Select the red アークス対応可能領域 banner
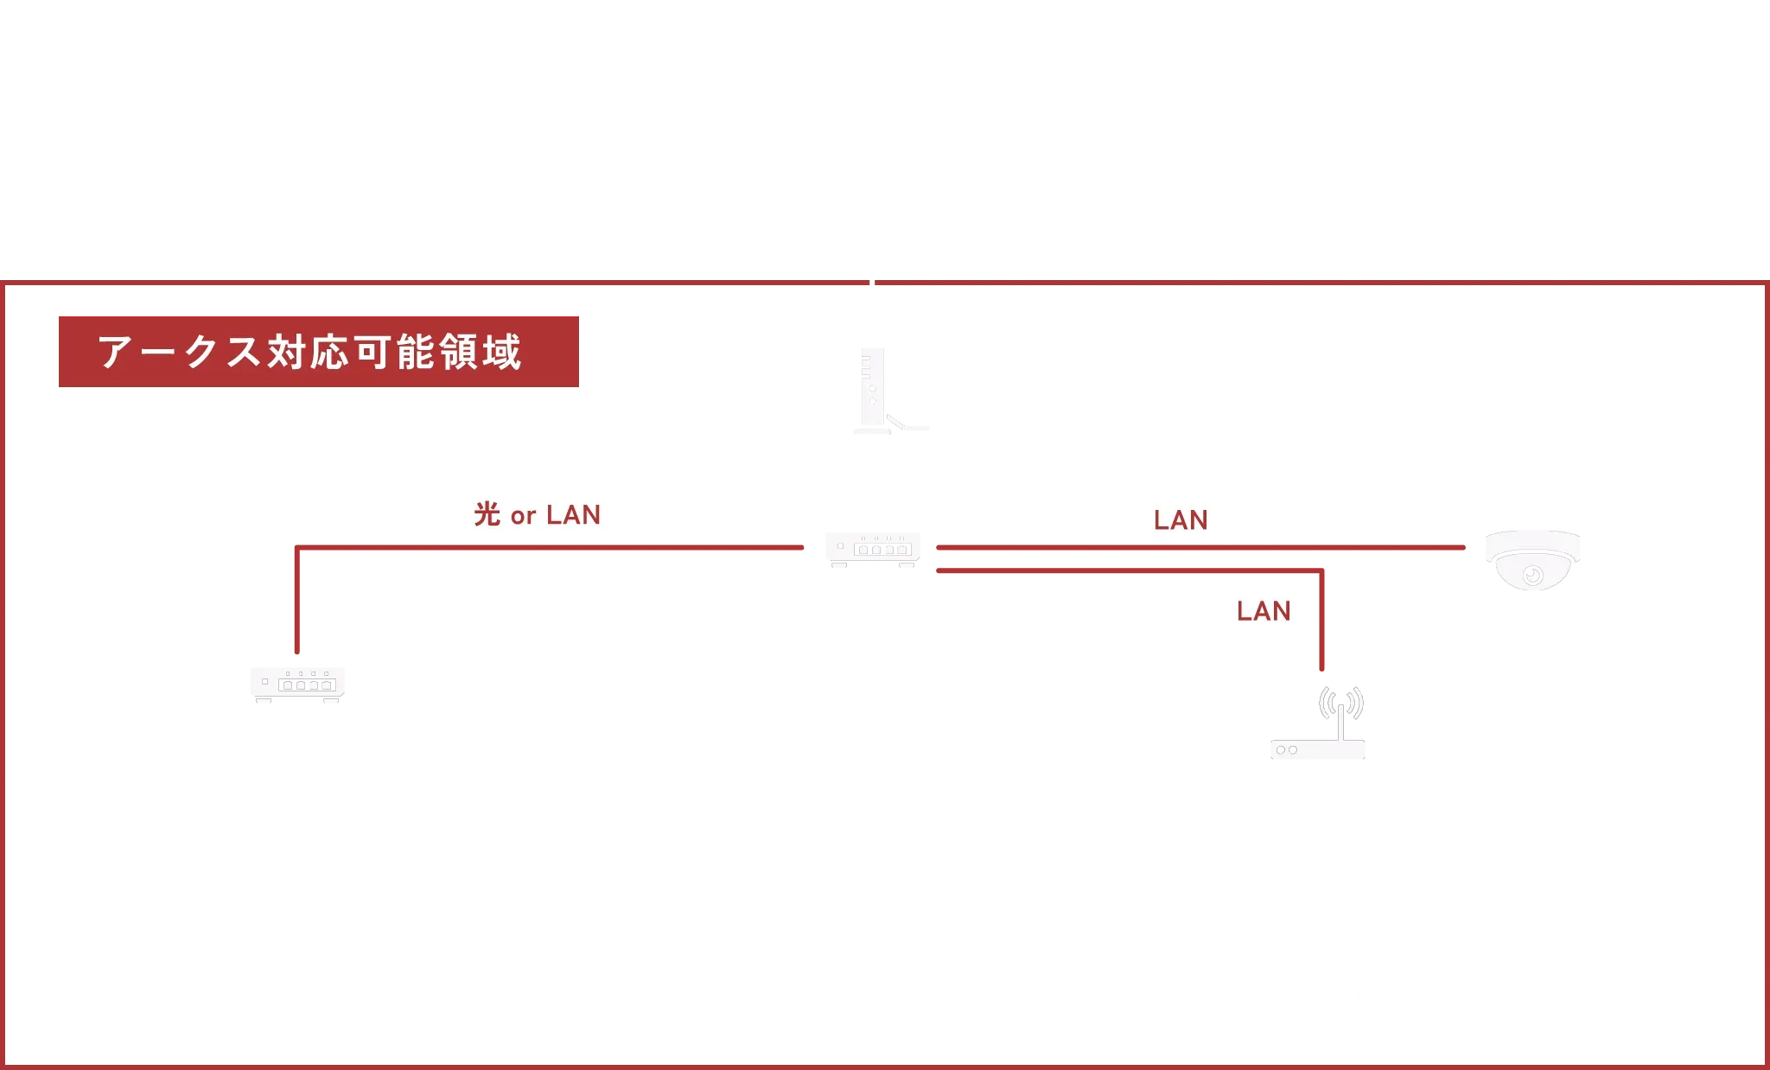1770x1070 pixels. pyautogui.click(x=318, y=350)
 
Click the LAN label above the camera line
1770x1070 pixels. pyautogui.click(x=1181, y=517)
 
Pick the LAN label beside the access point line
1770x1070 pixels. pyautogui.click(x=1264, y=608)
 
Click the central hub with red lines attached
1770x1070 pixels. pyautogui.click(x=873, y=551)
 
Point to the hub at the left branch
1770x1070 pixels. pyautogui.click(x=296, y=683)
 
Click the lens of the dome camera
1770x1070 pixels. pyautogui.click(x=1532, y=574)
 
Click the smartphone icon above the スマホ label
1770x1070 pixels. pyautogui.click(x=1483, y=918)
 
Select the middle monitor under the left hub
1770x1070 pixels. pyautogui.click(x=300, y=869)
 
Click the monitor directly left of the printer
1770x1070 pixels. pyautogui.click(x=787, y=869)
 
